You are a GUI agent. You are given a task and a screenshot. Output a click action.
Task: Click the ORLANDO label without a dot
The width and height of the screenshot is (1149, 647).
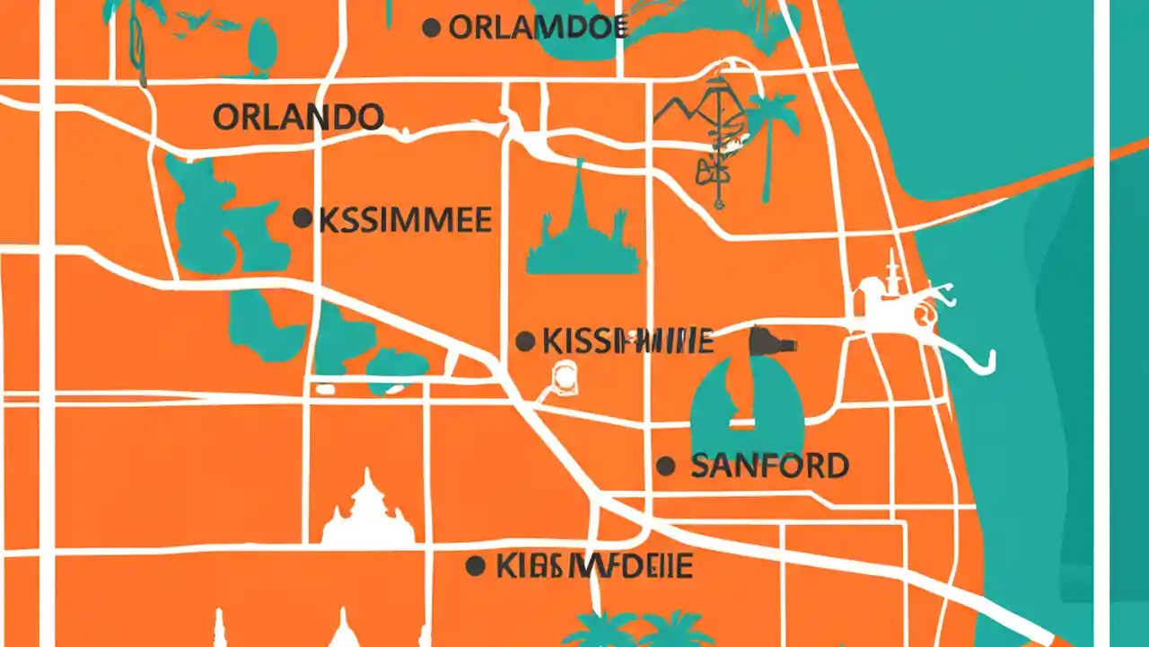coord(298,117)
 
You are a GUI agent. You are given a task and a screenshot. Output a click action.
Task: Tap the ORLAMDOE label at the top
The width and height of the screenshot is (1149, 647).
coord(537,28)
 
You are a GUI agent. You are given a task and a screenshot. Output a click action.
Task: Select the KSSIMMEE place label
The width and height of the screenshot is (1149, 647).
coord(405,219)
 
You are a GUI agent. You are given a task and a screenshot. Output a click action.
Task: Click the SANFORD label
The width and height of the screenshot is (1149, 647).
coord(769,465)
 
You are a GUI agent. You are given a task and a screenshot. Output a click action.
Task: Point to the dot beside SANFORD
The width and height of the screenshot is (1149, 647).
coord(665,465)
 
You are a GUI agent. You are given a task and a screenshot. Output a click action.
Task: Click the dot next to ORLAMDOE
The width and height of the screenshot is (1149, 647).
coord(432,28)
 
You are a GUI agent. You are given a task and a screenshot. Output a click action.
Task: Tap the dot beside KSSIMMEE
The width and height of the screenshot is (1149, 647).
coord(303,217)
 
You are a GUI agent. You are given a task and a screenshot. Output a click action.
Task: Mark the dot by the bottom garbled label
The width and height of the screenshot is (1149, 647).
coord(476,565)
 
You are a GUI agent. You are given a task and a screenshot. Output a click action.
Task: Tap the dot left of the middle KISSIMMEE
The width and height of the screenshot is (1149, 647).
coord(525,341)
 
